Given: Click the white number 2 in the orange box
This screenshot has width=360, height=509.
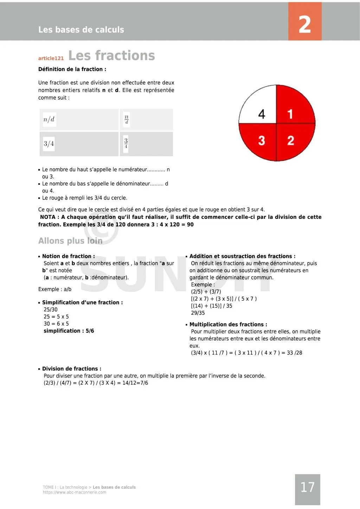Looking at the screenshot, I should point(305,24).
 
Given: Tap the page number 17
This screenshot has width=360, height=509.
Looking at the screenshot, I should point(307,487).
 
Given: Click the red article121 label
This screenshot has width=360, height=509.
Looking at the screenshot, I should point(51,58).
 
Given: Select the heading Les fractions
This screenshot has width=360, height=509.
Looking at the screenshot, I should point(111,56).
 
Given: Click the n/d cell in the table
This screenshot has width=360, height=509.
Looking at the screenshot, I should point(49,119).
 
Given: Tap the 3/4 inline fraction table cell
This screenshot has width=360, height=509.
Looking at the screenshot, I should point(49,143).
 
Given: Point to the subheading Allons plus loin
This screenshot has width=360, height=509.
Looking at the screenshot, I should point(70,241).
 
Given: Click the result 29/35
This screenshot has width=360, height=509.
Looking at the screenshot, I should point(198,313).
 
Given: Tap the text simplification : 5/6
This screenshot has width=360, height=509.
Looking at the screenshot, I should point(69,331).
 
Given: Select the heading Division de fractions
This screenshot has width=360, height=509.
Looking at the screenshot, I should point(71,369).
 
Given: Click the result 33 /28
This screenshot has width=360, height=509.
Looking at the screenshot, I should point(294,353).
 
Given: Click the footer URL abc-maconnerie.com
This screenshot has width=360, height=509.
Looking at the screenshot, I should point(75,492).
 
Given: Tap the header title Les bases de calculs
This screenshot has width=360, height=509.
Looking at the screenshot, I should point(81,30).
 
